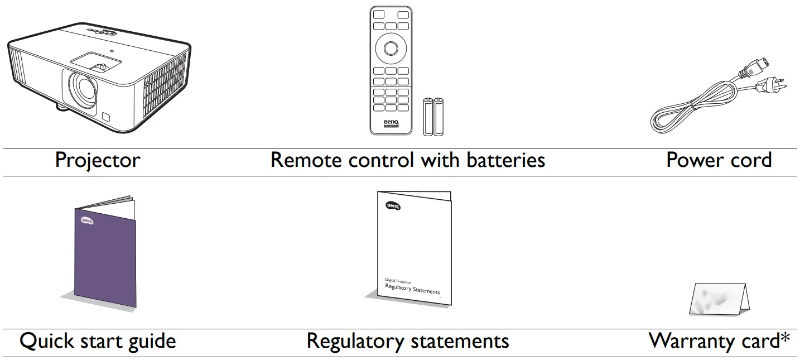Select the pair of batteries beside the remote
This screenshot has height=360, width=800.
(434, 116)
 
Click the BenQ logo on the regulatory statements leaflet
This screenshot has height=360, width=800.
(393, 207)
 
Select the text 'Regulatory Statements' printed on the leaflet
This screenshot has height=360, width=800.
(412, 289)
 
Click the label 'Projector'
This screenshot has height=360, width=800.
(98, 160)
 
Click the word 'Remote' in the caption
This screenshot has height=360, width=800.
(306, 160)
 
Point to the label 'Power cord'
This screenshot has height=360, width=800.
(719, 160)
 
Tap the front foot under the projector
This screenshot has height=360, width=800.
(62, 107)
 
